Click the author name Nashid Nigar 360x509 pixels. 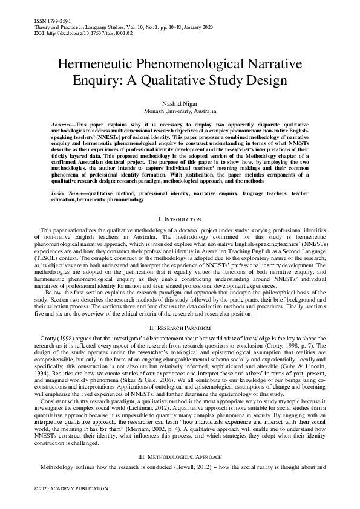click(x=180, y=103)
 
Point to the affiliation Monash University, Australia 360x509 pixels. click(x=180, y=112)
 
